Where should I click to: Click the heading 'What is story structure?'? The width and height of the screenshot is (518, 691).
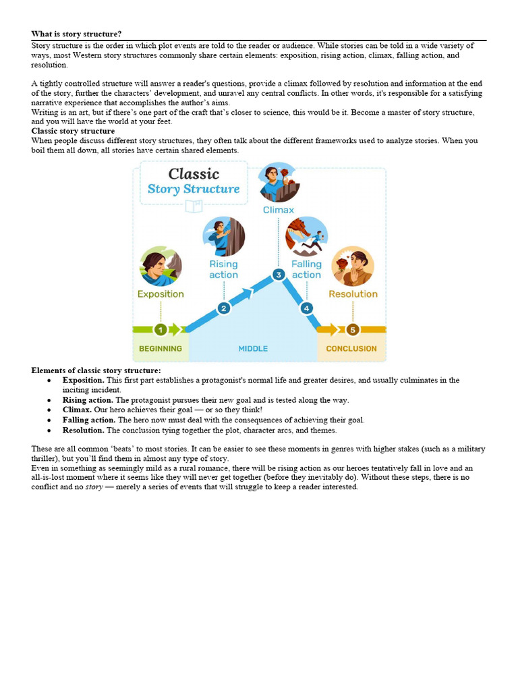point(76,34)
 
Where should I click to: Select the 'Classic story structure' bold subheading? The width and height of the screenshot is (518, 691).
point(73,131)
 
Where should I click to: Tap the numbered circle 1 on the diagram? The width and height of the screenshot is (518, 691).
point(161,329)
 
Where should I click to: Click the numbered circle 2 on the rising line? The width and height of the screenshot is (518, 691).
point(224,308)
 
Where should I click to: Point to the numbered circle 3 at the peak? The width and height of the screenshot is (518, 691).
point(278,275)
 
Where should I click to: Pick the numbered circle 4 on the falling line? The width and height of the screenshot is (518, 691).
point(307,308)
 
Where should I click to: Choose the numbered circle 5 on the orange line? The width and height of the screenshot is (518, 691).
point(353,329)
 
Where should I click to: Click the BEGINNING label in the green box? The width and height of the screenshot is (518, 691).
point(161,349)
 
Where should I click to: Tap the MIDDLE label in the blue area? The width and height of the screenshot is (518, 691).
point(253,349)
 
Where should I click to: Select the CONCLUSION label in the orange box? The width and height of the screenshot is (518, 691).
point(351,349)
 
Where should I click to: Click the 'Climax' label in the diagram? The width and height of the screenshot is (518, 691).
point(279,210)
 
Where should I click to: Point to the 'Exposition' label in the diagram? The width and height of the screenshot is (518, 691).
point(161,294)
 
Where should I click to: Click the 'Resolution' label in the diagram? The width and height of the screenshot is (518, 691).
point(353,294)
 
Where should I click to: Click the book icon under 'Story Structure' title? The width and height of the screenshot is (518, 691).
point(194,206)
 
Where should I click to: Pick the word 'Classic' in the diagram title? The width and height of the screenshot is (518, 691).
point(194,174)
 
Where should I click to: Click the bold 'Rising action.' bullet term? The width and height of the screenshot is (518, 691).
point(88,400)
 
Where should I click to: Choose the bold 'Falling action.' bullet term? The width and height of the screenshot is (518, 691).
point(89,420)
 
